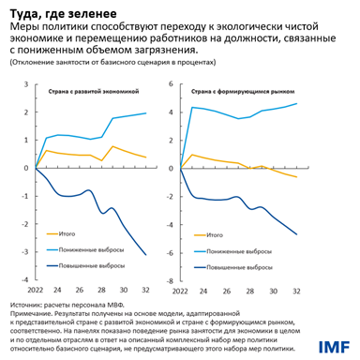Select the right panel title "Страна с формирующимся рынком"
coord(241,93)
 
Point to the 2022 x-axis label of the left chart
coord(35,291)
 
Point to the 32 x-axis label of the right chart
coord(297,291)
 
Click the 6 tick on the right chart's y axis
coord(170,83)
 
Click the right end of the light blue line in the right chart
coord(297,103)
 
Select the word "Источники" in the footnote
coord(27,305)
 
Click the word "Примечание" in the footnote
coord(31,314)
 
